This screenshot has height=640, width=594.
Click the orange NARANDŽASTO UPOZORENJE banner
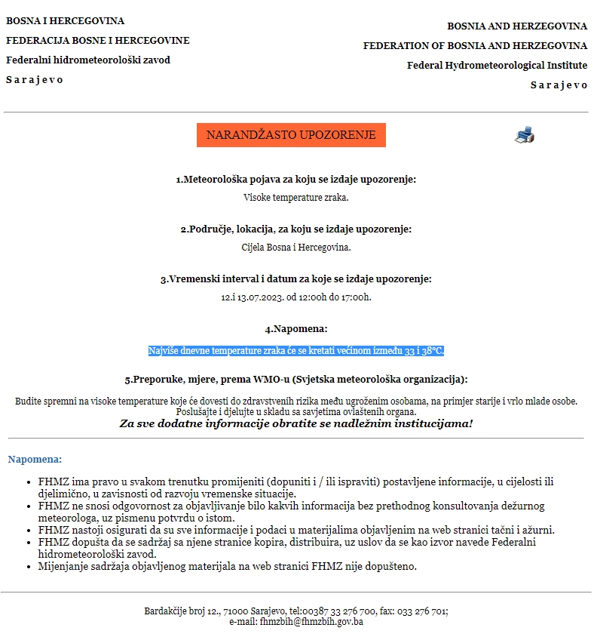click(291, 135)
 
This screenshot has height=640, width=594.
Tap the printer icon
click(525, 135)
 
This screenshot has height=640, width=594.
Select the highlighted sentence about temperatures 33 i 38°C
click(296, 351)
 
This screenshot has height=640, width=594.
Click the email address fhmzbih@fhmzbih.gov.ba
click(311, 622)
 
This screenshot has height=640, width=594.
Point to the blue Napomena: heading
click(35, 459)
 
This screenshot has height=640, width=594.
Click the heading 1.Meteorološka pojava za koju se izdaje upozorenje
click(295, 180)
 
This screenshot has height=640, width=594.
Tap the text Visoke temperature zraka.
click(296, 198)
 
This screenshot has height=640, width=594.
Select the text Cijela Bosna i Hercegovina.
click(296, 247)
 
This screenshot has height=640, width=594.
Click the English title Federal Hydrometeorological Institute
click(497, 66)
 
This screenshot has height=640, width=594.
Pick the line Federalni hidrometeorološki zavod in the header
click(88, 60)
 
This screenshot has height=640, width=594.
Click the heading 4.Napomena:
click(295, 329)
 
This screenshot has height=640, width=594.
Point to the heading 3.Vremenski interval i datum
click(295, 279)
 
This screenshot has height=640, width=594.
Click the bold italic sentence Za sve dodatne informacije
click(296, 423)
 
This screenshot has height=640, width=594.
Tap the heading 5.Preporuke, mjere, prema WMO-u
click(295, 379)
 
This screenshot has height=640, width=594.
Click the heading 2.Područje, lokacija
click(295, 229)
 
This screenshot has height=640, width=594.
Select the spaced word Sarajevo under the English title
click(559, 85)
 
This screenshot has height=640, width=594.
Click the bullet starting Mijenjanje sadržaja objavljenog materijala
click(227, 565)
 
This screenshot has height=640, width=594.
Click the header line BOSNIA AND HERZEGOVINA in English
click(517, 26)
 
